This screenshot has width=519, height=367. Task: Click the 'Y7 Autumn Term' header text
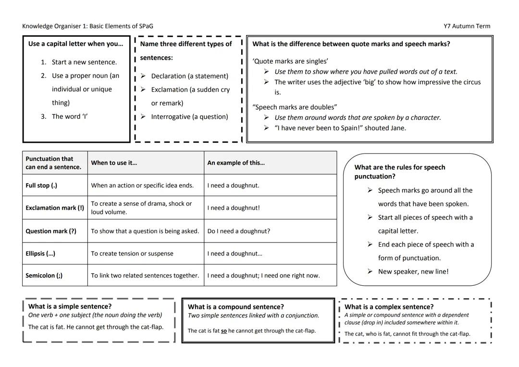(x=467, y=26)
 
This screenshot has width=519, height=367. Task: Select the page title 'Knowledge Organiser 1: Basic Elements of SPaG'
(x=87, y=26)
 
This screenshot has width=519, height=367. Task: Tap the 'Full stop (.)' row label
(x=41, y=185)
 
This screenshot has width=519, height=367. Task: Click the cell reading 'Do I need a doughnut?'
(x=239, y=231)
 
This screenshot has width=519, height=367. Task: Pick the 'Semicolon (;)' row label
(x=44, y=276)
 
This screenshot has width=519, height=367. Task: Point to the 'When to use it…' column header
(x=114, y=163)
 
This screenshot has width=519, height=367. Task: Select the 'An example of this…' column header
(x=236, y=163)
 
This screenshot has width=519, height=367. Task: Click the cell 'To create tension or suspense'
(x=132, y=253)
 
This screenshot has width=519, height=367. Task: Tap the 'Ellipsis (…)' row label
(x=40, y=253)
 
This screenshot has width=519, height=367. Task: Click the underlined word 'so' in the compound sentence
(x=224, y=331)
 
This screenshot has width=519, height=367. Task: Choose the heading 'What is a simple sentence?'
(x=70, y=306)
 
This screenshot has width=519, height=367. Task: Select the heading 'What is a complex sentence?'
(x=389, y=307)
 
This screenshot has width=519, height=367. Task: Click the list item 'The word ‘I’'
(x=70, y=116)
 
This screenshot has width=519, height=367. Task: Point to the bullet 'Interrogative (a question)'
(x=189, y=116)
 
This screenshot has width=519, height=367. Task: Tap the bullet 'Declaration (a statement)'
(x=189, y=76)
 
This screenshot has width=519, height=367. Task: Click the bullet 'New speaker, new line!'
(x=413, y=271)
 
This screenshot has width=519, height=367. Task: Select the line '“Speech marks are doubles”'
(x=295, y=107)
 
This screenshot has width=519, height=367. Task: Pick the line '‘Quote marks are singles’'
(x=290, y=61)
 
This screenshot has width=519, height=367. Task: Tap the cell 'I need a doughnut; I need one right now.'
(x=263, y=276)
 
